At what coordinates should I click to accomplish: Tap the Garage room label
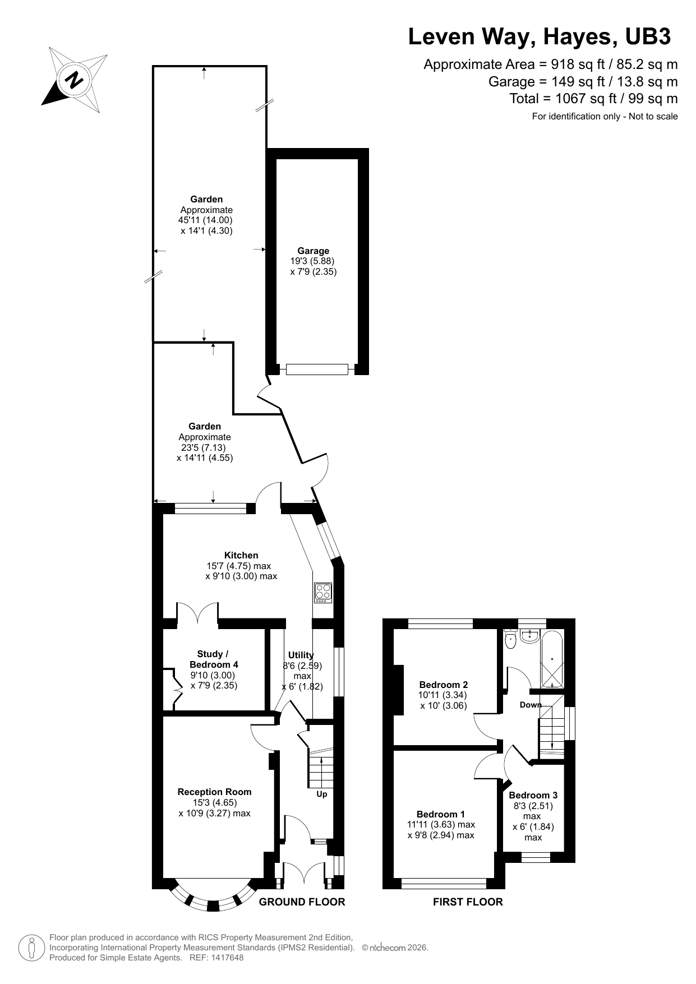click(x=314, y=251)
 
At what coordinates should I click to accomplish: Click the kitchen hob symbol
click(x=323, y=593)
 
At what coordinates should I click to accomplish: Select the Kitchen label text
click(x=241, y=555)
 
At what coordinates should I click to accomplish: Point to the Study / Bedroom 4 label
click(x=214, y=659)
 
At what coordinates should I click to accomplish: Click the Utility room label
click(x=301, y=655)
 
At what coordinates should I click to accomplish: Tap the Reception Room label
click(x=214, y=792)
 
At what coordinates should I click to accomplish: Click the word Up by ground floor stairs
click(x=322, y=794)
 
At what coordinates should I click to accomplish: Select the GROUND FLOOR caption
click(x=302, y=902)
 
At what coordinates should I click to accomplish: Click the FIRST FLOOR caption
click(x=468, y=902)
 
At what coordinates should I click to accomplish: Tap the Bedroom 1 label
click(x=441, y=814)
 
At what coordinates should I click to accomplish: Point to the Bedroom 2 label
click(x=444, y=685)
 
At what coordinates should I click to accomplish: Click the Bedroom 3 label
click(x=533, y=795)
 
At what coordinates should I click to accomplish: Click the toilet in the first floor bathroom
click(x=510, y=639)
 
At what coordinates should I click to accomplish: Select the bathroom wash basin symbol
click(x=530, y=635)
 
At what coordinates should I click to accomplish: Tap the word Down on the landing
click(x=530, y=705)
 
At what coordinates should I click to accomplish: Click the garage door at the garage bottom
click(x=317, y=369)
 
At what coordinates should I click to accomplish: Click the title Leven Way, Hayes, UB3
click(x=539, y=36)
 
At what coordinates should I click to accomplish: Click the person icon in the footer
click(x=32, y=948)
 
